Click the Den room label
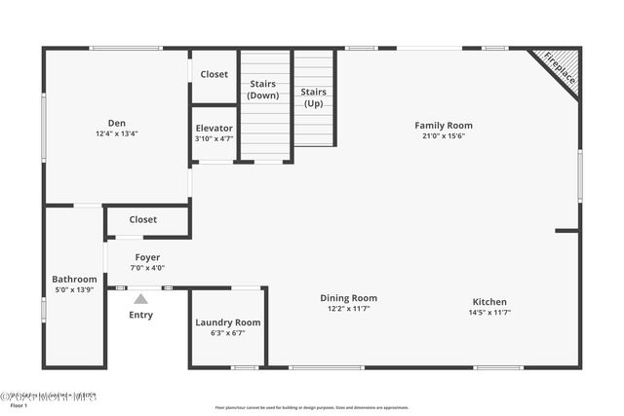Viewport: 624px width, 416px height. (x=117, y=123)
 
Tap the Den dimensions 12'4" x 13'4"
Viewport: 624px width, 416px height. (x=117, y=133)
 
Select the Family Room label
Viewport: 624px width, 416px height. (x=444, y=125)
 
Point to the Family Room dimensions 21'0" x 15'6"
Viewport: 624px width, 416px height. (x=444, y=135)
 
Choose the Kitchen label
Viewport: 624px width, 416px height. (x=489, y=301)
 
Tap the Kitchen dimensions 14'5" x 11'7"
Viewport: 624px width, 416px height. (x=489, y=312)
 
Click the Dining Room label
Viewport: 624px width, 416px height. (x=349, y=298)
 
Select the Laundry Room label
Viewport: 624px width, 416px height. (x=228, y=322)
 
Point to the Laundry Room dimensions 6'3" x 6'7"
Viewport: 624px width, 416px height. (x=228, y=333)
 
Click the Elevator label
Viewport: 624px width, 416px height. (x=214, y=128)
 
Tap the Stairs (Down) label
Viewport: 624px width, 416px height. (x=263, y=90)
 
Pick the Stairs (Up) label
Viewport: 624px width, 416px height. (x=314, y=97)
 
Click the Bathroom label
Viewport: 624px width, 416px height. (x=75, y=279)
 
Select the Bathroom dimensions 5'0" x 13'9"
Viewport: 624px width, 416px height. (x=75, y=289)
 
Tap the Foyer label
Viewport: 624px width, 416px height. (x=148, y=257)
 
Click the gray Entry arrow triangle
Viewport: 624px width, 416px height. (x=140, y=300)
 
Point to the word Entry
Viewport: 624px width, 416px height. (x=140, y=315)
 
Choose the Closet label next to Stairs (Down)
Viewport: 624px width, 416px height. (x=214, y=74)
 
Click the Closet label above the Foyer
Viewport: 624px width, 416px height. (x=143, y=220)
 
